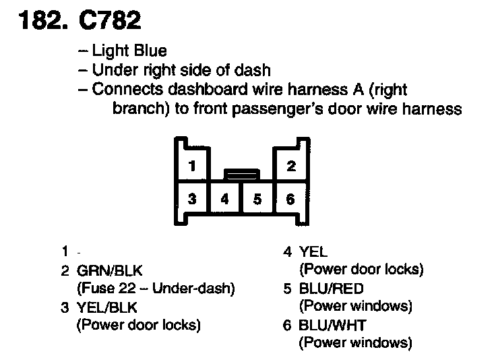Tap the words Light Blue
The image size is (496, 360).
click(x=129, y=51)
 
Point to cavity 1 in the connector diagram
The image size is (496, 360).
click(x=192, y=167)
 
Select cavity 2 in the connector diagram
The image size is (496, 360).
click(x=290, y=167)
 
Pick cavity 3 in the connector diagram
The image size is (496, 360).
click(x=192, y=199)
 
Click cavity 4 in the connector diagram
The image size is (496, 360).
click(x=225, y=199)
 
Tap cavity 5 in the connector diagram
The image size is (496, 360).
click(x=257, y=199)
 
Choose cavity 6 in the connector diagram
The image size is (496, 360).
click(x=290, y=199)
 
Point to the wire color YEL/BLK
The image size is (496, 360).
click(x=107, y=308)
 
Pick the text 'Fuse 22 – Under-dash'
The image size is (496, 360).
click(x=156, y=290)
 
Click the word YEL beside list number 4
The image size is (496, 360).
click(x=313, y=252)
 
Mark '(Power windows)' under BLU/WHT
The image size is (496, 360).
click(x=354, y=343)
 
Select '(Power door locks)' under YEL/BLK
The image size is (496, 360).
click(x=139, y=325)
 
